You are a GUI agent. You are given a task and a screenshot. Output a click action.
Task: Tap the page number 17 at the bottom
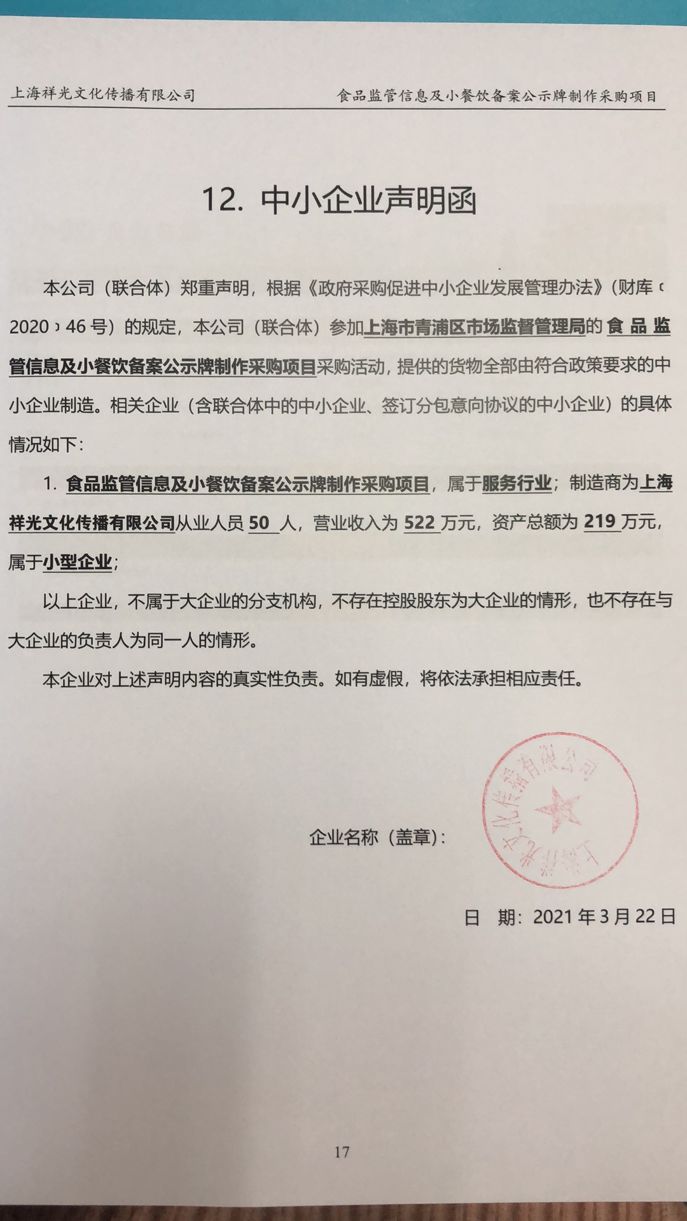[342, 1152]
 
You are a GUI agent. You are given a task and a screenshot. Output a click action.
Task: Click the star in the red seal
[559, 809]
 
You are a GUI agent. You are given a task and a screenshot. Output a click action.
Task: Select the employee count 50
[259, 523]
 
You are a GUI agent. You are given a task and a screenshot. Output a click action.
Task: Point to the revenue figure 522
[419, 523]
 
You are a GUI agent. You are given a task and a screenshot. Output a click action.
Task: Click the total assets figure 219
[599, 521]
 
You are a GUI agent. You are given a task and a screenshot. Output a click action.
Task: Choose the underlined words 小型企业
[78, 562]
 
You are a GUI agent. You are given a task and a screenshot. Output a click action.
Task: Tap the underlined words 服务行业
[517, 483]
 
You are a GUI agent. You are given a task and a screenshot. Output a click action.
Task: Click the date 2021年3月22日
[604, 916]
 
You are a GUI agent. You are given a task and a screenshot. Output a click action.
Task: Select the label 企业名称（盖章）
[377, 838]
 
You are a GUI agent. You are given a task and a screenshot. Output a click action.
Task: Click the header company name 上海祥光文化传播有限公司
[103, 95]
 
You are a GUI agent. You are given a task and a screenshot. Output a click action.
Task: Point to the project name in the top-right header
[497, 96]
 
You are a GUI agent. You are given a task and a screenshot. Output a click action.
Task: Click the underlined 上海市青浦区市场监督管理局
[475, 328]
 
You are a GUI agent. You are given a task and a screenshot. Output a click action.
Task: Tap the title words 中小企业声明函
[368, 200]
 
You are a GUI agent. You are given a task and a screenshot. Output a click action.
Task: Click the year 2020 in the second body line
[29, 328]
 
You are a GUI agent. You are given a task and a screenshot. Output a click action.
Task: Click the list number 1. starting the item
[51, 484]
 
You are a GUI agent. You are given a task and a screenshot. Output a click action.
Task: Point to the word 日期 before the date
[490, 917]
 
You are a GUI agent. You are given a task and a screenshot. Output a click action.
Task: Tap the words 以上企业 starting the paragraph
[77, 601]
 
